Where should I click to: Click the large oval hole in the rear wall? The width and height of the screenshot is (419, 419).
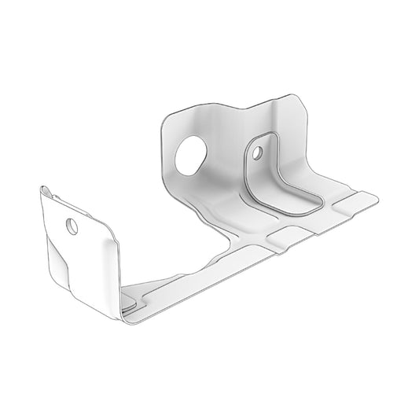pyautogui.click(x=189, y=156)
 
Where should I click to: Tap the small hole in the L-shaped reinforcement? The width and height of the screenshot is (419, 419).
pyautogui.click(x=256, y=155)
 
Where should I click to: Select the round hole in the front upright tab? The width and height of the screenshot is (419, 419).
pyautogui.click(x=72, y=226)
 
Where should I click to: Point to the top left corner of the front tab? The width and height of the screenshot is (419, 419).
pyautogui.click(x=41, y=189)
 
